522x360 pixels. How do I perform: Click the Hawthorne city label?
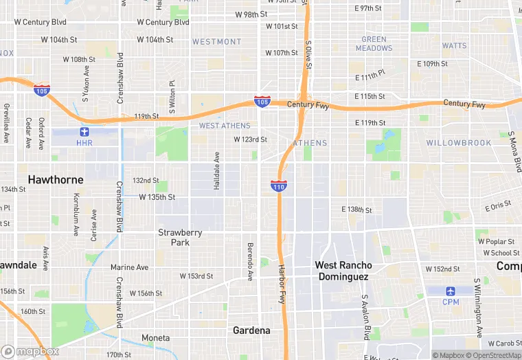coord(56,180)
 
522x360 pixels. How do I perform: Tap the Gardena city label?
coord(251,330)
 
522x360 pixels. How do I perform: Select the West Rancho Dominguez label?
coord(343,271)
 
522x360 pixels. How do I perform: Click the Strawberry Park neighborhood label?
coord(180,237)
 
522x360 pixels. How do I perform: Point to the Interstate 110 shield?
coord(279,185)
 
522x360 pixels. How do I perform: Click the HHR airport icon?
coord(84,131)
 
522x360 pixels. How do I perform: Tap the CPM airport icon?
coord(451,291)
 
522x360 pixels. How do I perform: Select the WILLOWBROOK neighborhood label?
coord(459,143)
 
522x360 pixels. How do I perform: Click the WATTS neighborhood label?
coord(454,46)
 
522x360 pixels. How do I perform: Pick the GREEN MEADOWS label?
coord(374,44)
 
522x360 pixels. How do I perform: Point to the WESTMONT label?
coord(216,42)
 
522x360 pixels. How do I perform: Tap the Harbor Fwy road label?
coord(282,284)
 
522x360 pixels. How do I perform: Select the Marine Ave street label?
coord(130,267)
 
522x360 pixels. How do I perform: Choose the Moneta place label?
coord(155,338)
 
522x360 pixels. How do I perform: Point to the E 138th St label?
coord(356,210)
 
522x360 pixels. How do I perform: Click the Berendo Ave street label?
coord(250,262)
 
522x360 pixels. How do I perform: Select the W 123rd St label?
coord(250,139)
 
